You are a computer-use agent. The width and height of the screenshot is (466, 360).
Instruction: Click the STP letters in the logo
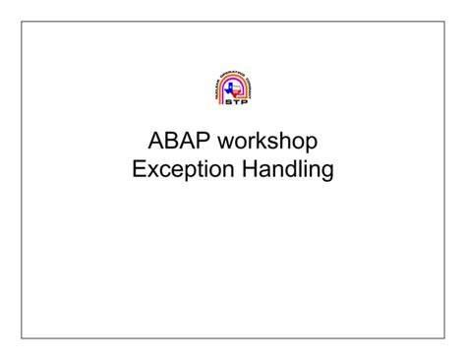point(233,106)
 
